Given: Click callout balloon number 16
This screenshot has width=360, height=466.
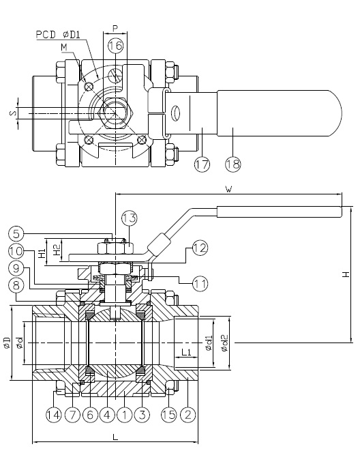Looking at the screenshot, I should [x=115, y=46].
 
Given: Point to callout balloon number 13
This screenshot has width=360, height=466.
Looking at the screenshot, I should [x=130, y=218].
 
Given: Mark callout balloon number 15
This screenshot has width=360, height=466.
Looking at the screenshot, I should [x=168, y=413].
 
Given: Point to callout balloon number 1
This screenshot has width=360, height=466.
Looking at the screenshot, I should [x=125, y=413].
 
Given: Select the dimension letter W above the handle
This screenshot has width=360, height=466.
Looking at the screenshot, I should [x=230, y=189].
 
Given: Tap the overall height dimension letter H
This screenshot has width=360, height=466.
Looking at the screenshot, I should [x=346, y=274].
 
